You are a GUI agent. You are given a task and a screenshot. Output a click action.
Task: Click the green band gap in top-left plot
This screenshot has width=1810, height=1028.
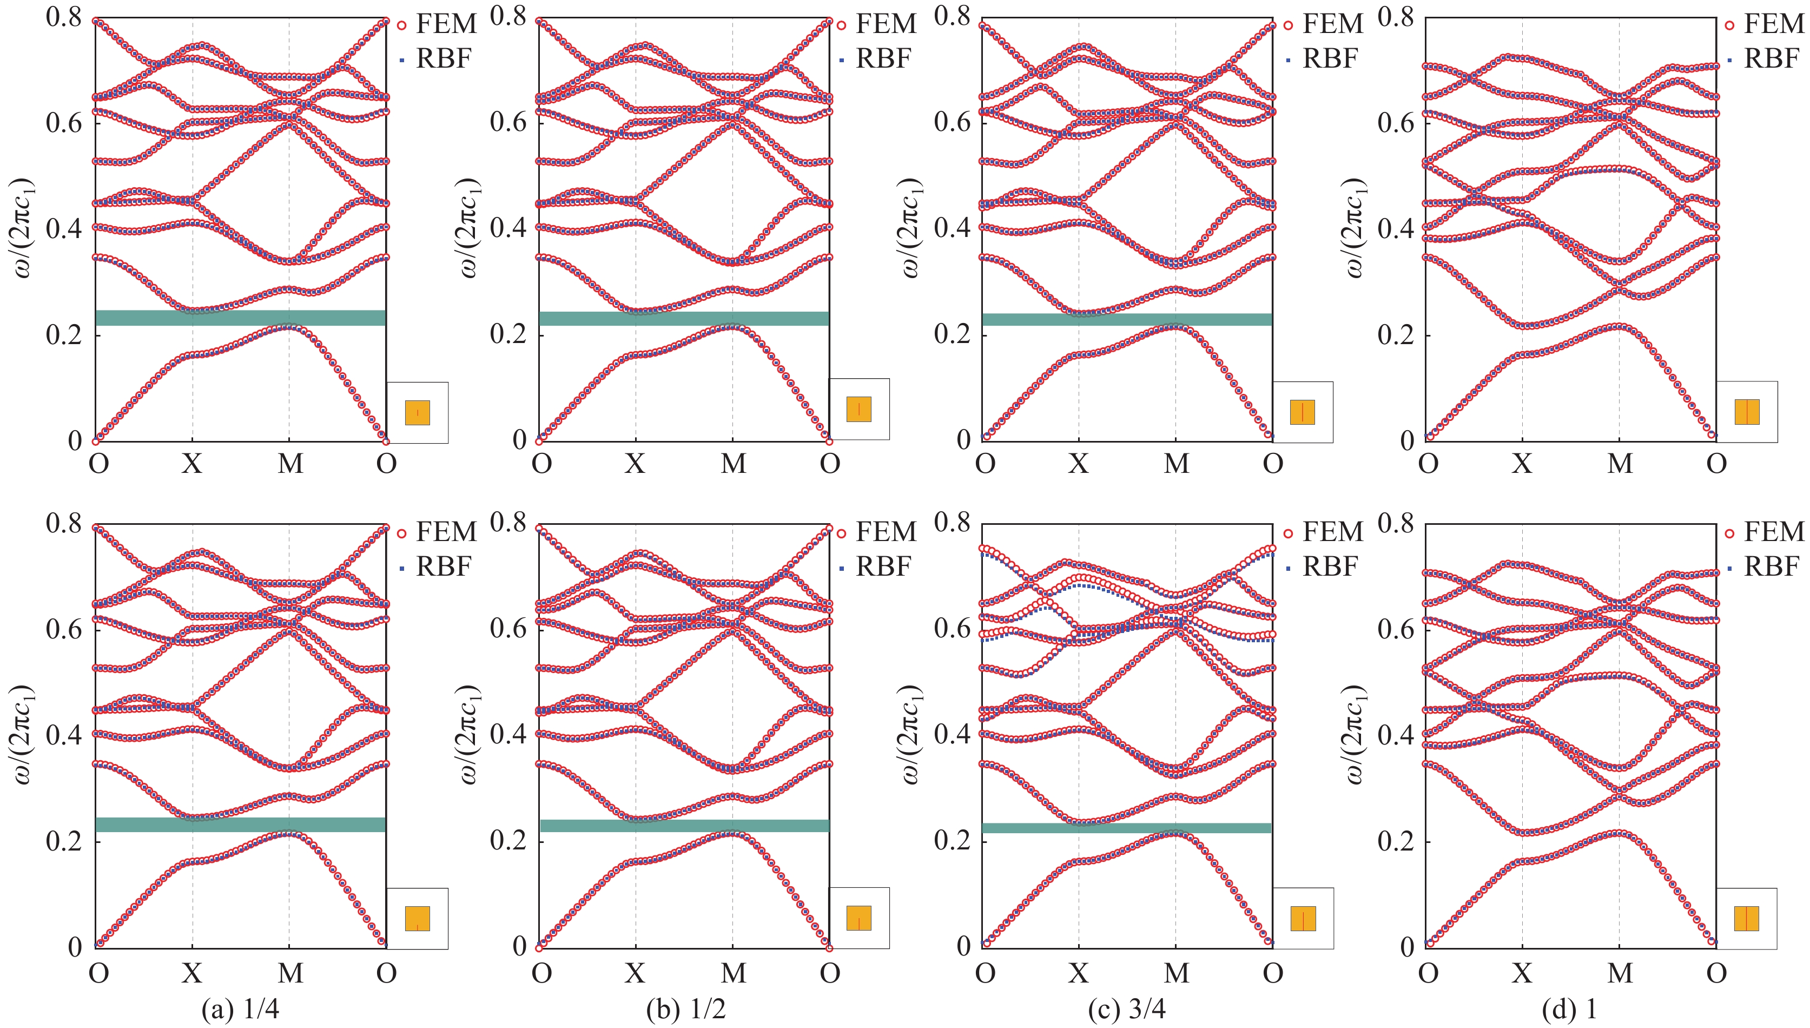click(x=240, y=318)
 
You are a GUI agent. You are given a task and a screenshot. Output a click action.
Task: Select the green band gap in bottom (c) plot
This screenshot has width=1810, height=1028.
click(x=1127, y=827)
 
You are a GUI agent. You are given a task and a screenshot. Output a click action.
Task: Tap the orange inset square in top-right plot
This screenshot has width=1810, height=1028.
click(x=1747, y=412)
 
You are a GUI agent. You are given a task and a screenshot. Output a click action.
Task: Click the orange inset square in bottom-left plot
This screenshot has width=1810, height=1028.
click(x=417, y=919)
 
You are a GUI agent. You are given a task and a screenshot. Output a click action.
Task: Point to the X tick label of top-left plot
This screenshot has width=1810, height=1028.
click(x=192, y=464)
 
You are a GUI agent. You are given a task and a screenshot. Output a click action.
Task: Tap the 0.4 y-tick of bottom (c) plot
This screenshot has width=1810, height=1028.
click(x=953, y=735)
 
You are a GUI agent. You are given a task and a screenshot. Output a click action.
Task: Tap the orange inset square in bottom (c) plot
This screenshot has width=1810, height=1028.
click(x=1303, y=919)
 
